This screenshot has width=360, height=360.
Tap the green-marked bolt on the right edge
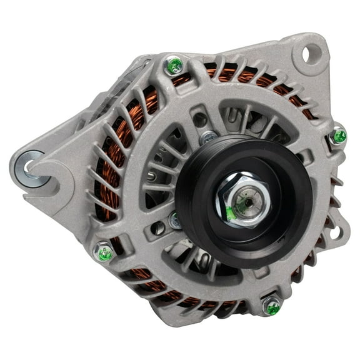pyautogui.click(x=338, y=136)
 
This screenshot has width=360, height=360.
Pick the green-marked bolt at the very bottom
pyautogui.click(x=272, y=306)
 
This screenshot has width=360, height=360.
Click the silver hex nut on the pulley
pyautogui.click(x=243, y=201)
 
